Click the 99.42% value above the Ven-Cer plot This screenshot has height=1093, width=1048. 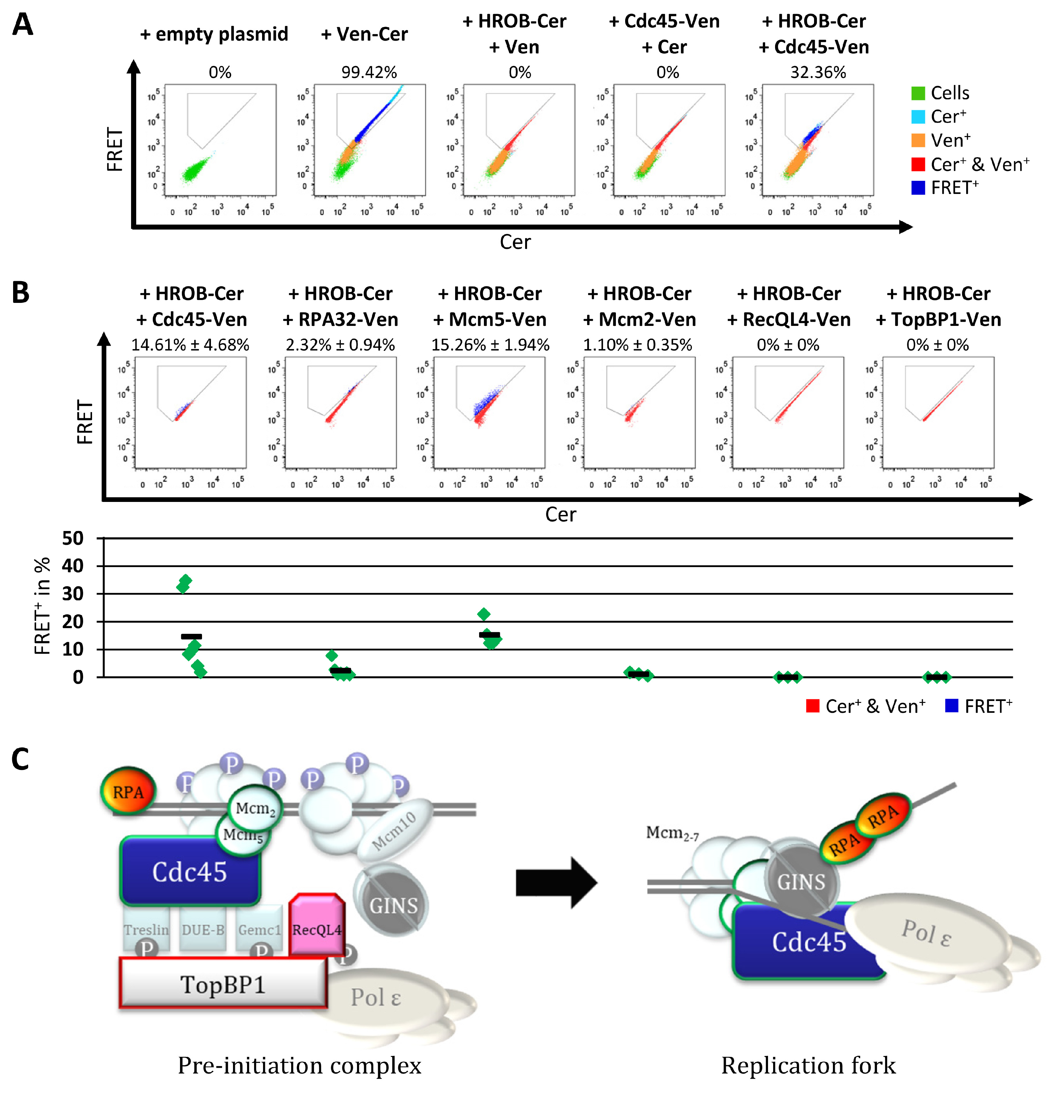(x=369, y=73)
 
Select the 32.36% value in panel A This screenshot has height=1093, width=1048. (x=818, y=73)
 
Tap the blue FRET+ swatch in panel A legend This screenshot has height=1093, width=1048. (x=918, y=188)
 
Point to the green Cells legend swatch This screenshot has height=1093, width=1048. (x=918, y=93)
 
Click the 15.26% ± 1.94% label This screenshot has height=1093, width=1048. (x=490, y=345)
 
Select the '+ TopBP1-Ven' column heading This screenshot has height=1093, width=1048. (x=938, y=319)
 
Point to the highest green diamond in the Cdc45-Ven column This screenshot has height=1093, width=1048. (x=186, y=581)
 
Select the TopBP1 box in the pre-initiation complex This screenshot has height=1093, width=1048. (x=222, y=984)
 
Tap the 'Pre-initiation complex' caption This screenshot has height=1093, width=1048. (x=299, y=1065)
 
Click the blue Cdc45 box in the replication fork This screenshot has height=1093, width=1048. (x=797, y=943)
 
